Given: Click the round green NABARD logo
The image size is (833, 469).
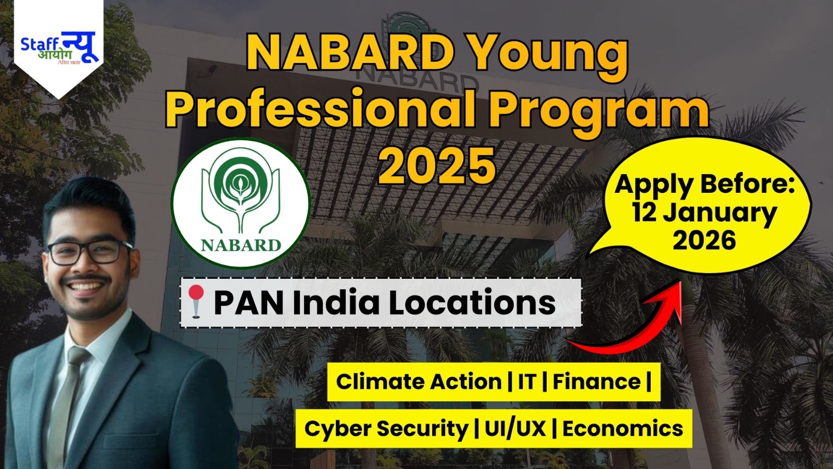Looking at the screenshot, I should pyautogui.click(x=241, y=204).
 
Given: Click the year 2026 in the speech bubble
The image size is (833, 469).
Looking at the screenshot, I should pyautogui.click(x=704, y=240).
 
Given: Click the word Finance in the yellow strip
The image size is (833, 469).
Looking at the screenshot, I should pyautogui.click(x=597, y=381).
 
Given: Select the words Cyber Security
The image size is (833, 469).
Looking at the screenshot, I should pyautogui.click(x=386, y=429).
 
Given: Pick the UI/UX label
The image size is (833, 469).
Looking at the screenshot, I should pyautogui.click(x=515, y=429).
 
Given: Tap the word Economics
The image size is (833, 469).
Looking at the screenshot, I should pyautogui.click(x=623, y=429).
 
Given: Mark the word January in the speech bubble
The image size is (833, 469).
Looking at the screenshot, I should pyautogui.click(x=704, y=213).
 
